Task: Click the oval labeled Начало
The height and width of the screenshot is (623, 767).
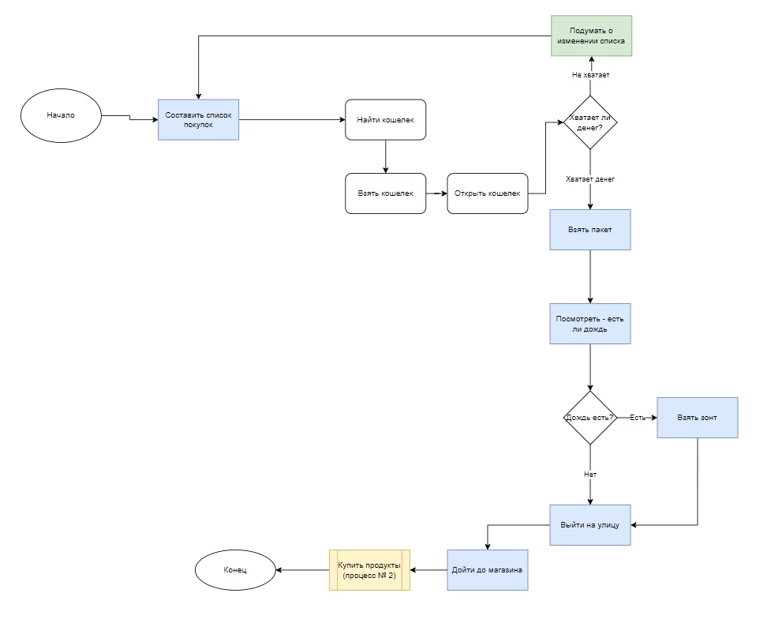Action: tap(61, 115)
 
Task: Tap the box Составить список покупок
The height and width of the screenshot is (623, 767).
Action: tap(198, 119)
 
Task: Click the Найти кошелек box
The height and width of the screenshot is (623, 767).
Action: tap(385, 119)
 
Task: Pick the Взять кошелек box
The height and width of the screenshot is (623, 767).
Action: tap(385, 193)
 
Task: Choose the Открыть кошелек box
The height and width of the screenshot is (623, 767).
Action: tap(487, 193)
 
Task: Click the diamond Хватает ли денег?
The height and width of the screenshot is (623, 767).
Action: tap(589, 122)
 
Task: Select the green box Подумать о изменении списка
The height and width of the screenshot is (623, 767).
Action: tap(591, 36)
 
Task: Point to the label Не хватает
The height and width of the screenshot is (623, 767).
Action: tap(590, 75)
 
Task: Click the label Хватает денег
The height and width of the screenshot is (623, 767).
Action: tap(590, 179)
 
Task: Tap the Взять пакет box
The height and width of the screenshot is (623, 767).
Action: tap(590, 230)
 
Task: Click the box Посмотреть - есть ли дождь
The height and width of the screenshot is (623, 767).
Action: tap(590, 323)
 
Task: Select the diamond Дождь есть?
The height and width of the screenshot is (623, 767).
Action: tap(589, 417)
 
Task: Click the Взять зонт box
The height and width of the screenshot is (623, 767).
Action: tap(698, 417)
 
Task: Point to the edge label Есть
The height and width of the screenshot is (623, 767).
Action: tap(638, 417)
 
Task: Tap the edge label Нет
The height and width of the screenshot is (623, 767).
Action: tap(590, 475)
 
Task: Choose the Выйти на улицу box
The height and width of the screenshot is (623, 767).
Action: tap(590, 524)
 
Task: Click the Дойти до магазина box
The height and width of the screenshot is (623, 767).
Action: tap(487, 570)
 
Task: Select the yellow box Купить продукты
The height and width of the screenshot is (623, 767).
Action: tap(369, 570)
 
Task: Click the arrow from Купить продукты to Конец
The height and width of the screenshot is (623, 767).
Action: tap(301, 570)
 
